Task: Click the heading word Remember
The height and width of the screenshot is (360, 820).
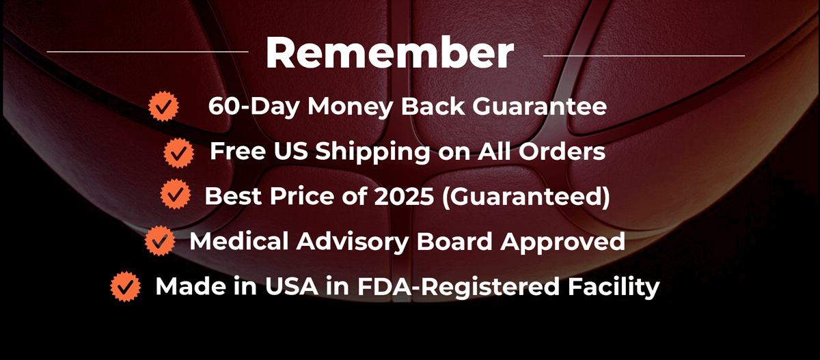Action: tap(390, 53)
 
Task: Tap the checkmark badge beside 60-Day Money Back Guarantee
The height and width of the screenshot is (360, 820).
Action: tap(163, 107)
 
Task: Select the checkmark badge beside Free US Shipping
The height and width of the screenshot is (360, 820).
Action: tap(178, 153)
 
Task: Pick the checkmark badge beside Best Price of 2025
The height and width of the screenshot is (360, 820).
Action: tap(176, 194)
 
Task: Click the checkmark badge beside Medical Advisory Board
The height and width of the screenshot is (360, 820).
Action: tap(160, 240)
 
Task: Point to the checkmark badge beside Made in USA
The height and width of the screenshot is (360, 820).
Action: tap(126, 286)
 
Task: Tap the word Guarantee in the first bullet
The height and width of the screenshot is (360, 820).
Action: tap(540, 106)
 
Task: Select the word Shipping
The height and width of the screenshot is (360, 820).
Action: tap(372, 152)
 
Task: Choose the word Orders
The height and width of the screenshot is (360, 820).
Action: tap(562, 151)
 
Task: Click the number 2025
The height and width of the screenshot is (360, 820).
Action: tap(404, 196)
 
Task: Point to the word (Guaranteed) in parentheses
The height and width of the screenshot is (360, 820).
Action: tap(526, 197)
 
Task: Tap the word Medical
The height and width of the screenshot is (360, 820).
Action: tap(239, 241)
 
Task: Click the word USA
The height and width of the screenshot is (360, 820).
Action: tap(292, 286)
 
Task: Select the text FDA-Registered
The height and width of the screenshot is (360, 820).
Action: tap(459, 287)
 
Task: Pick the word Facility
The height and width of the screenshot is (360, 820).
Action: tap(614, 287)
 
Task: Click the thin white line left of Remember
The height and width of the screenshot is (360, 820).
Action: tap(148, 52)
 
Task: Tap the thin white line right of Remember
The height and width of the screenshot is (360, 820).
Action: tap(644, 56)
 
